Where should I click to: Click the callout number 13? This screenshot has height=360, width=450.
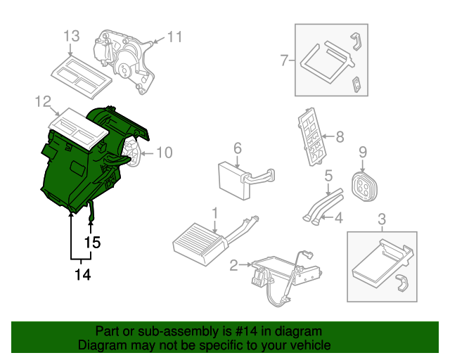[x=72, y=36]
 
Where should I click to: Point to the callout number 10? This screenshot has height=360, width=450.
[x=163, y=151]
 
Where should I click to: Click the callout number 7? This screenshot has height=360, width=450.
[x=285, y=60]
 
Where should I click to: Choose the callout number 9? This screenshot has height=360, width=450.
[x=363, y=151]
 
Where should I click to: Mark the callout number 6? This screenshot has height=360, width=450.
[x=237, y=148]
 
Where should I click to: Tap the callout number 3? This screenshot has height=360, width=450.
[x=382, y=218]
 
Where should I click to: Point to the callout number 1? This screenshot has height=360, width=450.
[x=215, y=211]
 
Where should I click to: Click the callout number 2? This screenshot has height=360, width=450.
[x=233, y=265]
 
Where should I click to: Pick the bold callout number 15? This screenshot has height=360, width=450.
[x=92, y=243]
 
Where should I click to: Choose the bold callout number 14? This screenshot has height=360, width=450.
[x=82, y=275]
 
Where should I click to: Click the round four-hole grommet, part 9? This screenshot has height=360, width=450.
[x=364, y=185]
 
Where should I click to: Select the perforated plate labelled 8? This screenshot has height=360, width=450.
[x=312, y=137]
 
